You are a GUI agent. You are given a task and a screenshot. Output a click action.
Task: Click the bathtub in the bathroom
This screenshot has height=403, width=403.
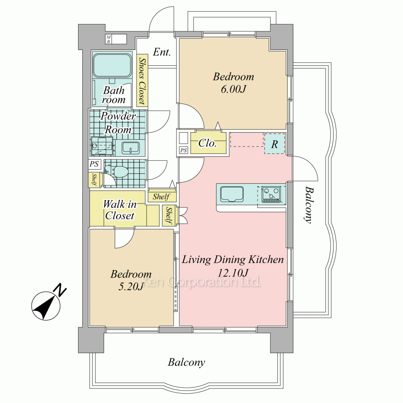tap(112, 66)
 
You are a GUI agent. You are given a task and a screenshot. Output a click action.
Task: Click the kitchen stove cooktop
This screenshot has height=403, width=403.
tap(271, 195)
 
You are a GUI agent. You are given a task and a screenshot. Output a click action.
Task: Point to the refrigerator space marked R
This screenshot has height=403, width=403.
tap(274, 144)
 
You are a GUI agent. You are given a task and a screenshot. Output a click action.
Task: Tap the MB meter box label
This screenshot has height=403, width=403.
tap(108, 39)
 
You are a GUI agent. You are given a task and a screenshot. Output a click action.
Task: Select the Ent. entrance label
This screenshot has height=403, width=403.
tap(162, 52)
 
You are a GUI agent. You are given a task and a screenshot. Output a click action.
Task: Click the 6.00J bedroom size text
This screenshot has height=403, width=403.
tap(233, 89)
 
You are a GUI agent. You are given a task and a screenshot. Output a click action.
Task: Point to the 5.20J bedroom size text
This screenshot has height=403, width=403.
tap(131, 286)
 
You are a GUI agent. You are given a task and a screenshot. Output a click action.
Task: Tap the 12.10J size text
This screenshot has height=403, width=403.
tap(233, 272)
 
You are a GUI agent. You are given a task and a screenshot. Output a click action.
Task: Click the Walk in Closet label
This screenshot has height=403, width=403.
tap(120, 210)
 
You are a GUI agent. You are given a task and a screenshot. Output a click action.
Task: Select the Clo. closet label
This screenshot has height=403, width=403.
tap(208, 143)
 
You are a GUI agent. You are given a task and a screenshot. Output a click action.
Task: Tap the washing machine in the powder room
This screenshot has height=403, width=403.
tap(102, 146)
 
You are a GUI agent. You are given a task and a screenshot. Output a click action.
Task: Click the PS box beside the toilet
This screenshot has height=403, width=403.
tap(94, 164)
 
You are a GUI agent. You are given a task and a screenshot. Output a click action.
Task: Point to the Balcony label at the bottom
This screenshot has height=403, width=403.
tap(186, 362)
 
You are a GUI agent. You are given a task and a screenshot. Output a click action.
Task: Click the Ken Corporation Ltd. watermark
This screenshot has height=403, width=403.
tap(201, 282)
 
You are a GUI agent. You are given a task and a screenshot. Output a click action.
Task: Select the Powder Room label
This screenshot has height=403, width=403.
tap(118, 123)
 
